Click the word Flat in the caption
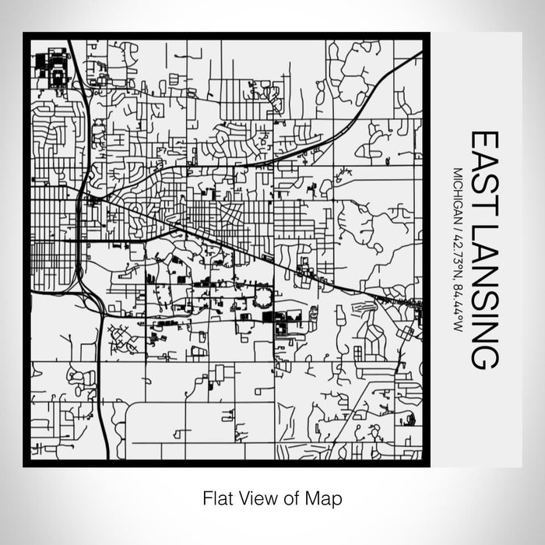[216, 497]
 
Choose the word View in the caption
[253, 497]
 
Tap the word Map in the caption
[326, 497]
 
